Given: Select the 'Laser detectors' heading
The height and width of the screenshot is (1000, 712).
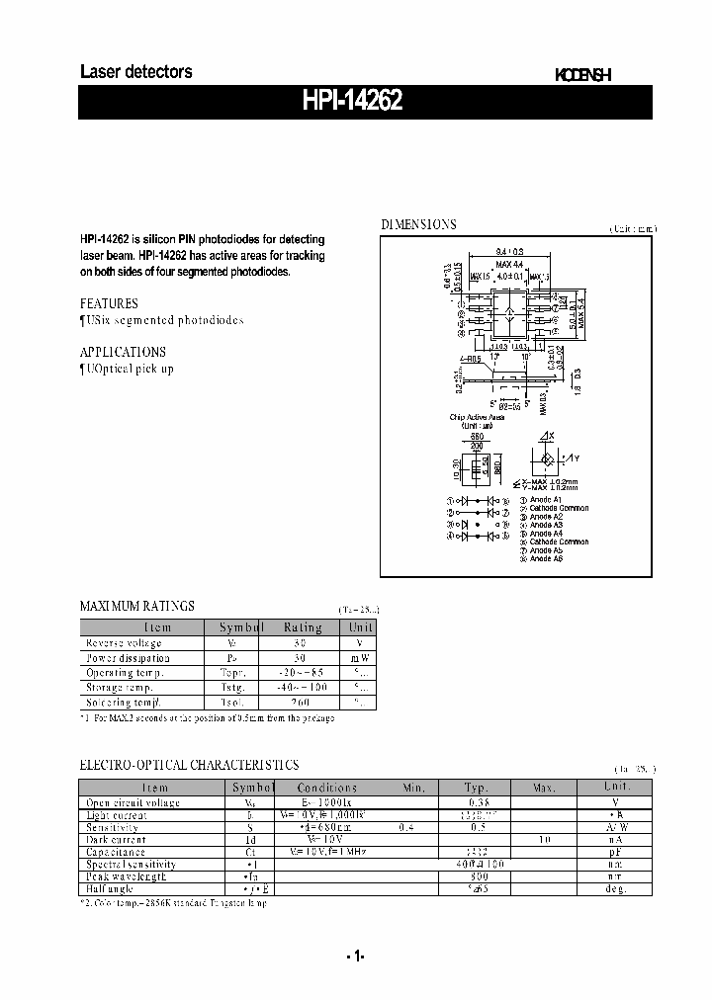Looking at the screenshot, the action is pyautogui.click(x=135, y=72).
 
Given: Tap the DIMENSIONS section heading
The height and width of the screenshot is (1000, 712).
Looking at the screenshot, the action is pyautogui.click(x=419, y=224).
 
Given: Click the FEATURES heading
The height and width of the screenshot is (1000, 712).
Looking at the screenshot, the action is pyautogui.click(x=109, y=303).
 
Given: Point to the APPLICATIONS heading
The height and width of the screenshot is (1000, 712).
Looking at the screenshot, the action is pyautogui.click(x=123, y=352).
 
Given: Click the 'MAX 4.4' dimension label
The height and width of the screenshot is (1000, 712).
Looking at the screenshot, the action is pyautogui.click(x=510, y=264).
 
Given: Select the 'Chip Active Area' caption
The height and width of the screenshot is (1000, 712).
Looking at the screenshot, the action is pyautogui.click(x=477, y=418).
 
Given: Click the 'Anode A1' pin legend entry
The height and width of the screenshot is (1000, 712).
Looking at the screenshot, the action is pyautogui.click(x=546, y=500).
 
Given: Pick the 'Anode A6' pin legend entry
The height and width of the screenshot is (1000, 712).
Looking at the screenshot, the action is pyautogui.click(x=546, y=559).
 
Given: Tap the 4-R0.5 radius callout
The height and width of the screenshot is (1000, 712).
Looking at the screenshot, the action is pyautogui.click(x=470, y=360).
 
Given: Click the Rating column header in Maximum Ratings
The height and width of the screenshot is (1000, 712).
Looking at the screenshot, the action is pyautogui.click(x=303, y=627).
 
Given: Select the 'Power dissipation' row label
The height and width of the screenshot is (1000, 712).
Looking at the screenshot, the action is pyautogui.click(x=128, y=657).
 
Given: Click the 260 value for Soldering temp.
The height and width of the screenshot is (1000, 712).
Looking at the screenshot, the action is pyautogui.click(x=300, y=702).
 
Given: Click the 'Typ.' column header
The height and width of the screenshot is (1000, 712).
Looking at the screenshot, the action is pyautogui.click(x=477, y=788).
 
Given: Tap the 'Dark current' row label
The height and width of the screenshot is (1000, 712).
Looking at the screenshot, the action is pyautogui.click(x=116, y=839).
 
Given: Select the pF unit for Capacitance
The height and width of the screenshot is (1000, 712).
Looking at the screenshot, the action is pyautogui.click(x=617, y=851).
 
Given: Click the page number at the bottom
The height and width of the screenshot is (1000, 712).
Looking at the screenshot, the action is pyautogui.click(x=356, y=956).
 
